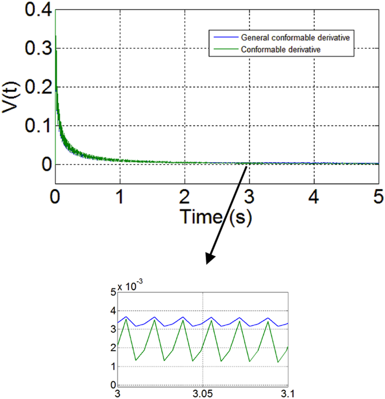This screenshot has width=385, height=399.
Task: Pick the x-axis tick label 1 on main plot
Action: tap(120, 196)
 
